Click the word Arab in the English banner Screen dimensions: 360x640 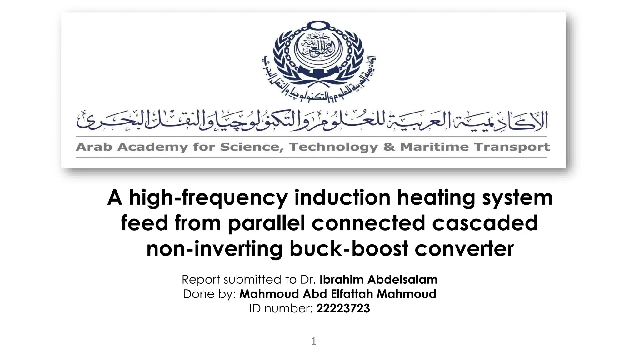pos(94,147)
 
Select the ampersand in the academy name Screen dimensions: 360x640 pos(389,147)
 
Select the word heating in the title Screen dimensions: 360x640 pos(436,198)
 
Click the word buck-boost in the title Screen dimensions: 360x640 pos(349,249)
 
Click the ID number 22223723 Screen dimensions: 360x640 pos(343,308)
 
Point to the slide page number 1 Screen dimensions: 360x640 pos(314,341)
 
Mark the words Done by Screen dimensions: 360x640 pos(209,294)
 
